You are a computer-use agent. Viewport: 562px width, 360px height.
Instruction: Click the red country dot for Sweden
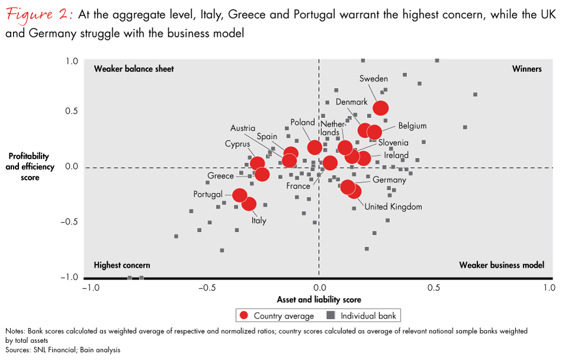coord(380,108)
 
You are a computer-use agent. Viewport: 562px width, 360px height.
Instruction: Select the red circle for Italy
coord(249,204)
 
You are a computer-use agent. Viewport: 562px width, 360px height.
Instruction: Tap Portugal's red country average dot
coord(240,195)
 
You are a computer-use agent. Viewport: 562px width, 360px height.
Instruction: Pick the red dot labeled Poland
coord(315,147)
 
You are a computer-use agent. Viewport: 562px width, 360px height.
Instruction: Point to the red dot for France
coord(330,162)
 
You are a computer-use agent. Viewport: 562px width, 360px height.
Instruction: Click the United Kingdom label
coord(393,207)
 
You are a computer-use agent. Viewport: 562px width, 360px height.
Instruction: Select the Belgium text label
coord(412,126)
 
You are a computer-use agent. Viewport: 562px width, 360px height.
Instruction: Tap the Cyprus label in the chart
coord(237,144)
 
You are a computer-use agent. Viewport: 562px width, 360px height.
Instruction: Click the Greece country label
coord(220,176)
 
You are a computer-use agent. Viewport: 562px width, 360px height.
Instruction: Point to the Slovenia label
coord(393,143)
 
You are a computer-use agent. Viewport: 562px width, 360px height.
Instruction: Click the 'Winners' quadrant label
coord(527,69)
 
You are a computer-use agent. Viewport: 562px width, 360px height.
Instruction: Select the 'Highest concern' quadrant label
coord(122,265)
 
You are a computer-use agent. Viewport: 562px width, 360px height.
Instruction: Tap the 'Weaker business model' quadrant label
coord(501,265)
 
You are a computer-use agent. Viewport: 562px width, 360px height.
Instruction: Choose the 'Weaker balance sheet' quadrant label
coord(134,69)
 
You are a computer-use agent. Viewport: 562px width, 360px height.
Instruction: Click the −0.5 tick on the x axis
coord(204,288)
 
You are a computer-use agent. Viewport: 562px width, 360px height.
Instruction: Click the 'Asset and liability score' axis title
coord(319,300)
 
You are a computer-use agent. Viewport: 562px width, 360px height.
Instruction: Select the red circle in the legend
coord(244,315)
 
